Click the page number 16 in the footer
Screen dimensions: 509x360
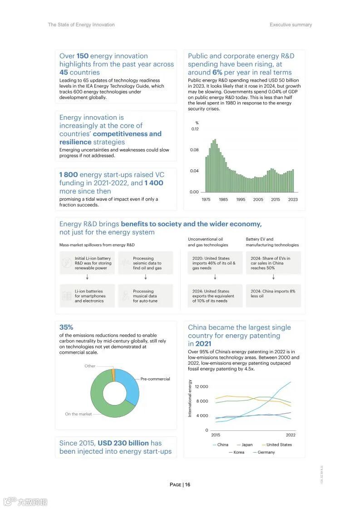187,484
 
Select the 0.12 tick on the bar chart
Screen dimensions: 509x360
194,129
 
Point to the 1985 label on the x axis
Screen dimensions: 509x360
223,199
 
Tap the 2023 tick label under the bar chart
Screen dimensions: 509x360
293,199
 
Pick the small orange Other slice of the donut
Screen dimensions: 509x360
113,373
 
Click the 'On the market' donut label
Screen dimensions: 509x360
78,414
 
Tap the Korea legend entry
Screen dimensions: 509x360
238,452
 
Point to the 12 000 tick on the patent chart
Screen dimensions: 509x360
201,386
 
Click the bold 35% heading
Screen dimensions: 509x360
66,327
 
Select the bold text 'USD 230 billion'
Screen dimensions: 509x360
123,443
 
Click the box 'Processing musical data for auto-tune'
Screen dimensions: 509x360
145,296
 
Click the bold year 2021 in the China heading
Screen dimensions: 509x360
203,344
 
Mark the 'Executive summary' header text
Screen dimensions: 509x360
291,25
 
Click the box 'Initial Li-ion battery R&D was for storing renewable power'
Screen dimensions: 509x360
88,263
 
